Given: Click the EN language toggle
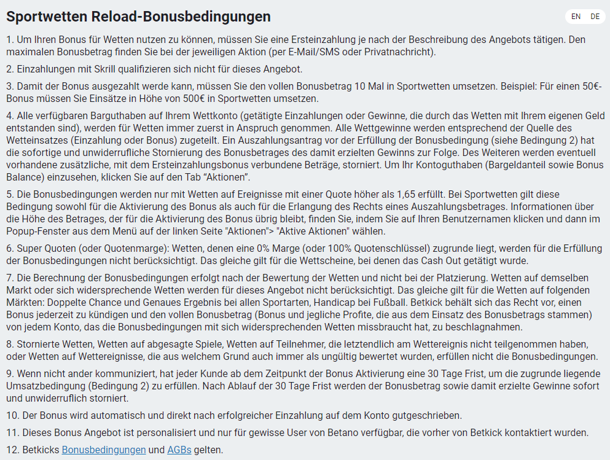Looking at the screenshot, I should click(576, 17).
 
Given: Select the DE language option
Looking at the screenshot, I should click(595, 17).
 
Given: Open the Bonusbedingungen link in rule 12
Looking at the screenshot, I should click(104, 450).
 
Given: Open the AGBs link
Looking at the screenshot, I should click(179, 450).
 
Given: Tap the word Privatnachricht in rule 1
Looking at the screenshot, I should click(399, 52).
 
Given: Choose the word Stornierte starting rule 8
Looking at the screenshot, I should click(41, 344).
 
